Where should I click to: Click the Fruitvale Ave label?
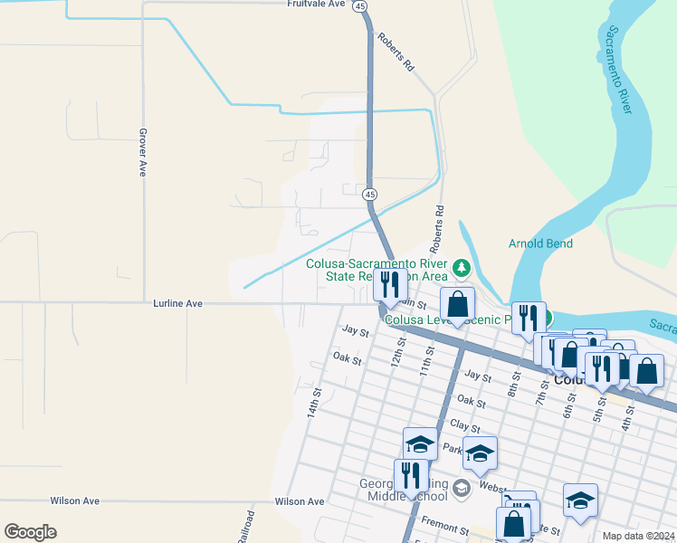click(x=317, y=5)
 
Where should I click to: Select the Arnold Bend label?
click(x=539, y=243)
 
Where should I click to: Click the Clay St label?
click(x=463, y=424)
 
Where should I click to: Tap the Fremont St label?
click(x=444, y=527)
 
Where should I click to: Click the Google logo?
click(x=30, y=532)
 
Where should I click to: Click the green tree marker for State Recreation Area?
click(x=462, y=268)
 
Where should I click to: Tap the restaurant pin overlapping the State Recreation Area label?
click(x=390, y=285)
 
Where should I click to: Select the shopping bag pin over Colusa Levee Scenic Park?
click(x=458, y=304)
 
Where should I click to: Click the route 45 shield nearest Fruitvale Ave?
click(x=361, y=6)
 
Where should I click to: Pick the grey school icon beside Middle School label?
click(x=462, y=490)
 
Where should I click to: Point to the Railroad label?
click(x=246, y=527)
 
